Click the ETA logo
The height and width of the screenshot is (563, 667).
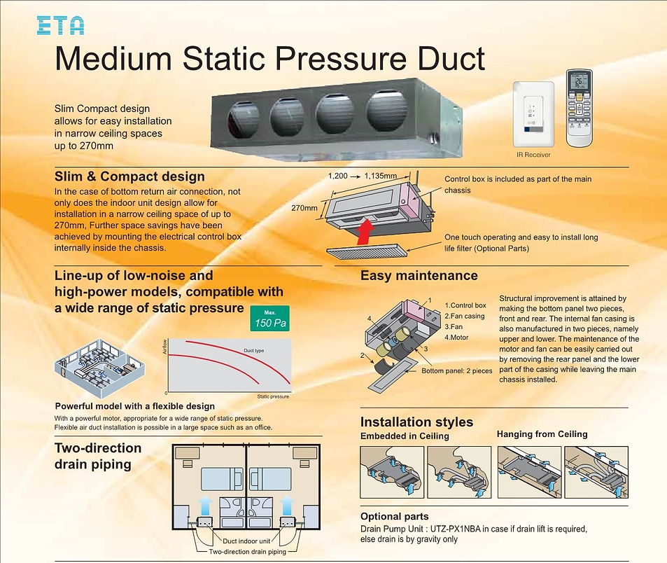(x=60, y=25)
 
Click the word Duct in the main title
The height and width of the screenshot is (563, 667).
(x=451, y=58)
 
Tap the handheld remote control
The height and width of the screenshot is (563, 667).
(x=579, y=108)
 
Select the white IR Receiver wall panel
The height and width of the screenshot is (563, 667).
(x=533, y=114)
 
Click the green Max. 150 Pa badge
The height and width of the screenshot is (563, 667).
(x=270, y=319)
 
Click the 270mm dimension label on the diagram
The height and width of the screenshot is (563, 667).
(x=304, y=208)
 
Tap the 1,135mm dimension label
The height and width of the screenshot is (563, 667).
(x=381, y=176)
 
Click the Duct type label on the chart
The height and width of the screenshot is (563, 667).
(x=254, y=351)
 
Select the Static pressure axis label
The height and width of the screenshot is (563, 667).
(x=273, y=396)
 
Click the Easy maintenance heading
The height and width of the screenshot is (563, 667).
(x=419, y=276)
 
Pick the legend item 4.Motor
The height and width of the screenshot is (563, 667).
(x=456, y=338)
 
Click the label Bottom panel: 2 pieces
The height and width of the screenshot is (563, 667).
(x=457, y=371)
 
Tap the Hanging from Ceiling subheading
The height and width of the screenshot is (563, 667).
(x=542, y=434)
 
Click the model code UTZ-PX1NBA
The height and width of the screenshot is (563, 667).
(x=455, y=529)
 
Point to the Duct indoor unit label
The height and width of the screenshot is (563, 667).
(x=246, y=541)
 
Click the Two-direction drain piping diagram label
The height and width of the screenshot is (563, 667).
(x=248, y=552)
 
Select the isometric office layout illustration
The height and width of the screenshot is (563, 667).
(x=100, y=363)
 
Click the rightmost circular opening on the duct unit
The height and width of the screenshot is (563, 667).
(x=386, y=110)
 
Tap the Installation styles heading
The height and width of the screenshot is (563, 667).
(x=416, y=422)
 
